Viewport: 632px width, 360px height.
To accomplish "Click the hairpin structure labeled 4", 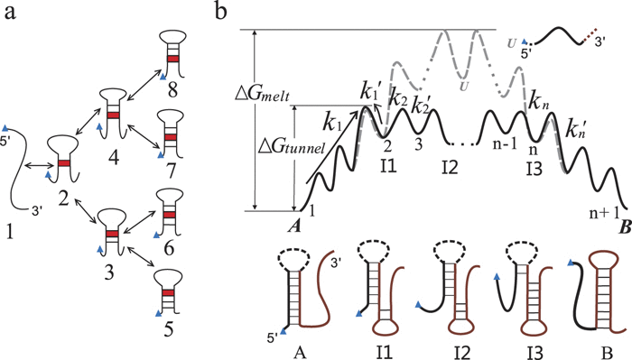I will [111, 113].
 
